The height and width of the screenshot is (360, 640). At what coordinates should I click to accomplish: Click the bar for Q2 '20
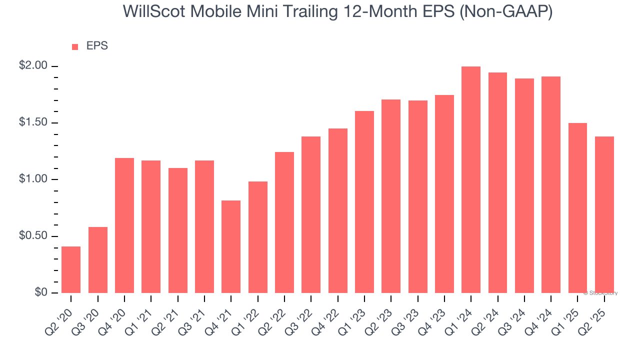coord(71,270)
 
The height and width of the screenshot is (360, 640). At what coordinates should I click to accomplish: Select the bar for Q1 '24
coord(471,180)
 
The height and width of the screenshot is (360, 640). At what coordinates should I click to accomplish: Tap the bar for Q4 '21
coord(231,247)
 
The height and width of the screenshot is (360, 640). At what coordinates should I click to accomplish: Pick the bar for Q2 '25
coord(604,215)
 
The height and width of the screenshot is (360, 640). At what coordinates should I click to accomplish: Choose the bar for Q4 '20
coord(124,225)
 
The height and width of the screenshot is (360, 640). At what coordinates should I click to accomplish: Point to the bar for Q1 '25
coord(577,208)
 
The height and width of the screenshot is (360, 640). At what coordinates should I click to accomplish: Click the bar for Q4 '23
coord(444,194)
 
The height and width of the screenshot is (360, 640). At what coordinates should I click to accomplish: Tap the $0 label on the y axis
coord(40,292)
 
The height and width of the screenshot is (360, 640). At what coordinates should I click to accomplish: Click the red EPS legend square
coord(75,47)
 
